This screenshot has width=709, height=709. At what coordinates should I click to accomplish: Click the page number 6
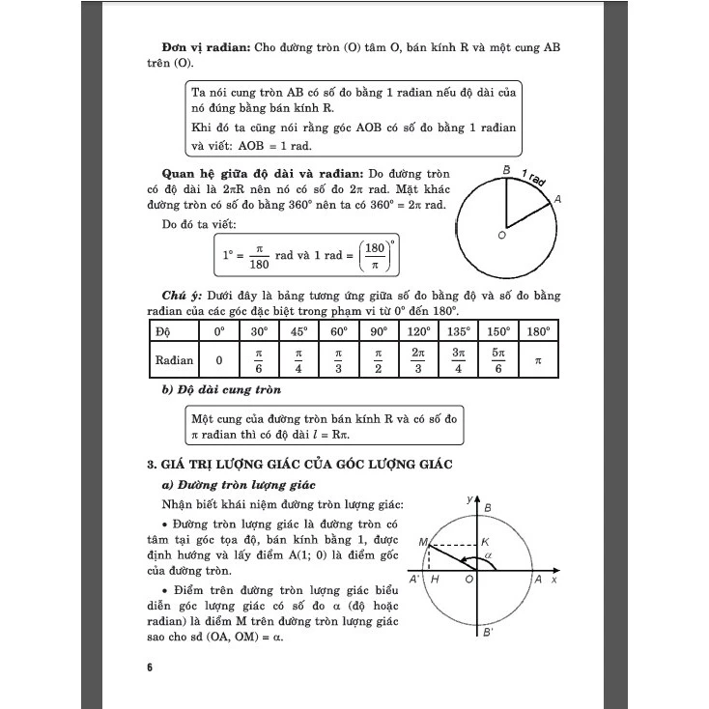[150, 667]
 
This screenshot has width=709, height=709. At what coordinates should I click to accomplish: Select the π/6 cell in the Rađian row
[259, 360]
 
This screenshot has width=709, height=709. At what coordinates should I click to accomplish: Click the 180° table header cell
[538, 330]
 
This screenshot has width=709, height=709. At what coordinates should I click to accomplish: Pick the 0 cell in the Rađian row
[219, 360]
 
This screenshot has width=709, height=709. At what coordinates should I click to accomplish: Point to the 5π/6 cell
[498, 360]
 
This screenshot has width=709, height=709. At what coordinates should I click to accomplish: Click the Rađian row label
[175, 360]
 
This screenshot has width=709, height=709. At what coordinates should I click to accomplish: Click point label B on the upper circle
[506, 171]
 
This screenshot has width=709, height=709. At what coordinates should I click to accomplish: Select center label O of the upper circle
[501, 235]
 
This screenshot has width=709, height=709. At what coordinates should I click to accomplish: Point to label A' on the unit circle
[413, 580]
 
